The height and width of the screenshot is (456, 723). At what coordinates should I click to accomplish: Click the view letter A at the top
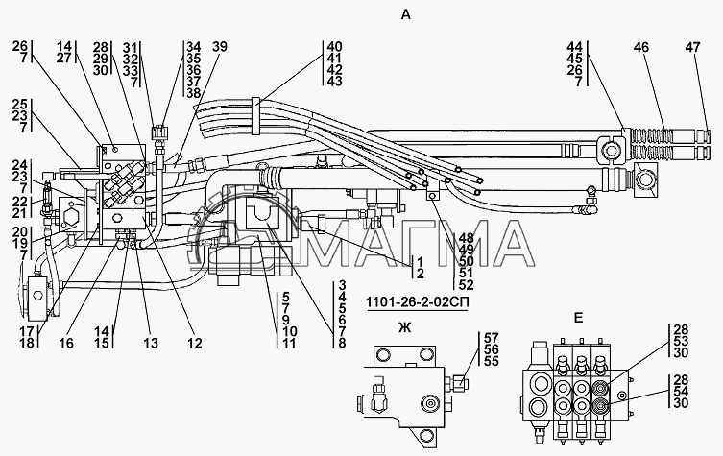tap(406, 14)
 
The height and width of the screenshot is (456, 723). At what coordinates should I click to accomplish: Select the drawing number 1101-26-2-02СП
tap(418, 302)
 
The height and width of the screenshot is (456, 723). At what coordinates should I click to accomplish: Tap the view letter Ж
tap(404, 328)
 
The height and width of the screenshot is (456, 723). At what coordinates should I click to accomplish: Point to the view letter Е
tap(578, 318)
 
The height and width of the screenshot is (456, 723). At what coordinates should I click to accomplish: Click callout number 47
tap(692, 47)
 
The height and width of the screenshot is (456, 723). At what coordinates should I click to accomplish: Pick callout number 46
tap(641, 47)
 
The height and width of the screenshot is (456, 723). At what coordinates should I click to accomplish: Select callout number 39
tap(220, 47)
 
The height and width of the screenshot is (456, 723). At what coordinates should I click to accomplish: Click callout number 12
tap(195, 343)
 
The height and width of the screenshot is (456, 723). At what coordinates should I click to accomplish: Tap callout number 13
tap(150, 343)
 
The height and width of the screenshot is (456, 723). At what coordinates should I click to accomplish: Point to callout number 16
tap(66, 343)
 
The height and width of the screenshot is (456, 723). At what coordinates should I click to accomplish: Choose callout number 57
tap(492, 338)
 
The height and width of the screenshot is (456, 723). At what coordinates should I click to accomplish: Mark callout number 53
tap(681, 341)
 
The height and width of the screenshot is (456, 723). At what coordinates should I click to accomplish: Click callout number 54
tap(681, 392)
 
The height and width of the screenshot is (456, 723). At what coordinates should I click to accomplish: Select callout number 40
tap(334, 47)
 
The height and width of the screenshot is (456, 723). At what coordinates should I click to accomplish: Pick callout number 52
tap(466, 284)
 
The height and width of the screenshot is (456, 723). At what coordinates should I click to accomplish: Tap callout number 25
tap(20, 104)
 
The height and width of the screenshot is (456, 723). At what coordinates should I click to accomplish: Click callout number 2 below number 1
tap(420, 274)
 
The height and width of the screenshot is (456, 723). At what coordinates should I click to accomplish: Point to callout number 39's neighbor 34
tap(194, 47)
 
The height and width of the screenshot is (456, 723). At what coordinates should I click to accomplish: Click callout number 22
tap(20, 202)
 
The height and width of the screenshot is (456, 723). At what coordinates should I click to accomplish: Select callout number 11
tap(289, 343)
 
